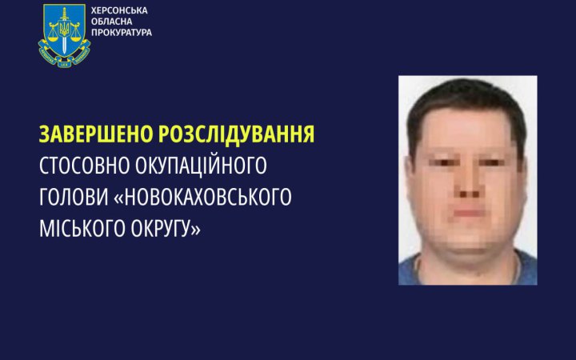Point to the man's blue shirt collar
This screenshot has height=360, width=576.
[x=424, y=264]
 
